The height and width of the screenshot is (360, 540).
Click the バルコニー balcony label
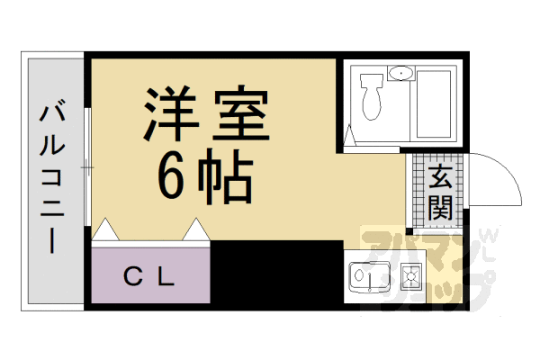(x=50, y=180)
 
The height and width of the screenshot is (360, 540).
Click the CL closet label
(x=148, y=276)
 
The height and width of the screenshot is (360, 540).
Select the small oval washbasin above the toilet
(x=399, y=72)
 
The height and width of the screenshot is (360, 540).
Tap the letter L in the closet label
(x=166, y=276)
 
